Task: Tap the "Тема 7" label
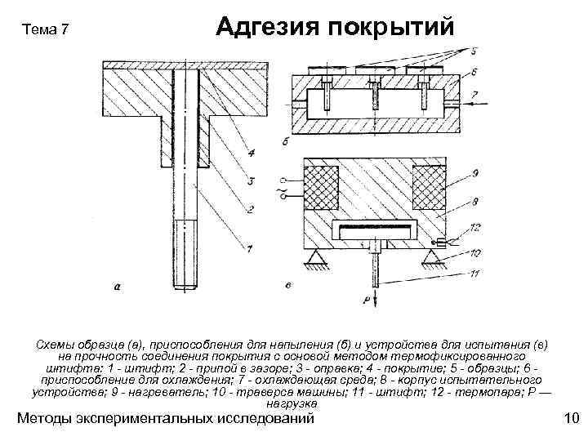(x=47, y=31)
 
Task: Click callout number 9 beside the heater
(x=474, y=174)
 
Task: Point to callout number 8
(x=474, y=200)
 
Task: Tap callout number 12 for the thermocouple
(x=474, y=225)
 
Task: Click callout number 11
(x=474, y=273)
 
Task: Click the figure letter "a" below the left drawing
(x=118, y=286)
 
